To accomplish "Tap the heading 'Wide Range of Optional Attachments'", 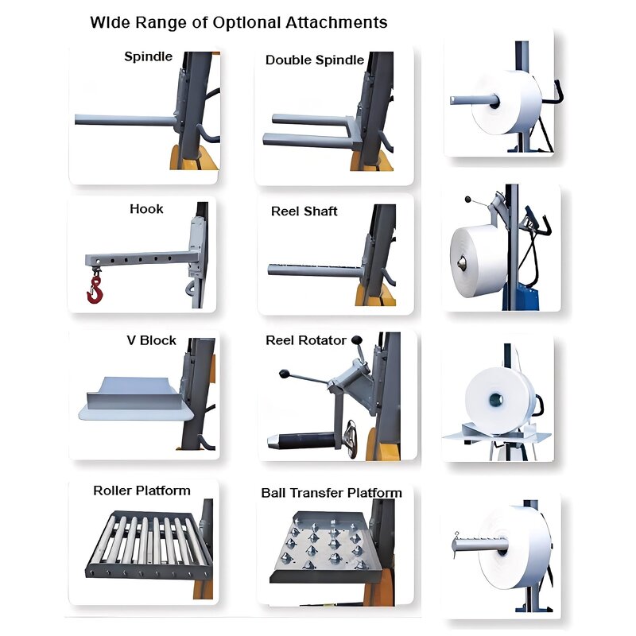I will point(238,22).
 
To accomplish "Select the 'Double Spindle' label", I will point(315,60).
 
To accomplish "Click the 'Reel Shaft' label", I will point(304,211).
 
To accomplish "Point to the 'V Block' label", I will point(151,340).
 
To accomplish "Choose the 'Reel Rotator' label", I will point(306,340).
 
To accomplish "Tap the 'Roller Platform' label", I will point(142,491).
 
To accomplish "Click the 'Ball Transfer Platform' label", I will point(332,493).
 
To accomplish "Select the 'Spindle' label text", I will point(148,56).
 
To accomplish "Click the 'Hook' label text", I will point(146,209).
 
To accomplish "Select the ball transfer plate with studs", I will point(322,545).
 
